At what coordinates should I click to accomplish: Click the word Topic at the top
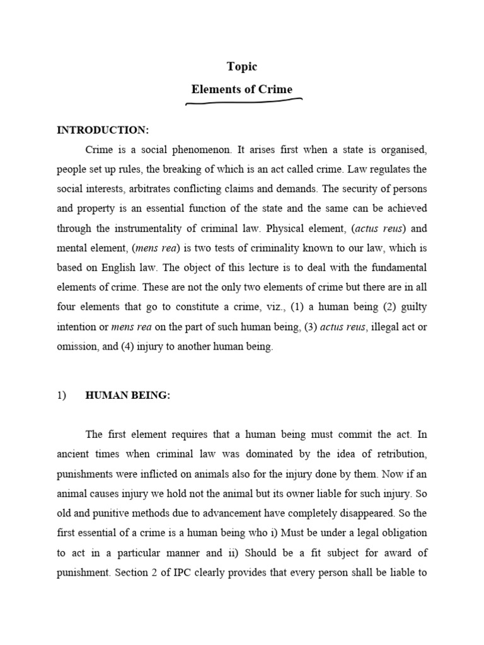point(242,67)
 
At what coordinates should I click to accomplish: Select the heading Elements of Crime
point(242,89)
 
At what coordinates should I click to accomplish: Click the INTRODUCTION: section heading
point(103,130)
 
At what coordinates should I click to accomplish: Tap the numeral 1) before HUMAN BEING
point(62,395)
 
